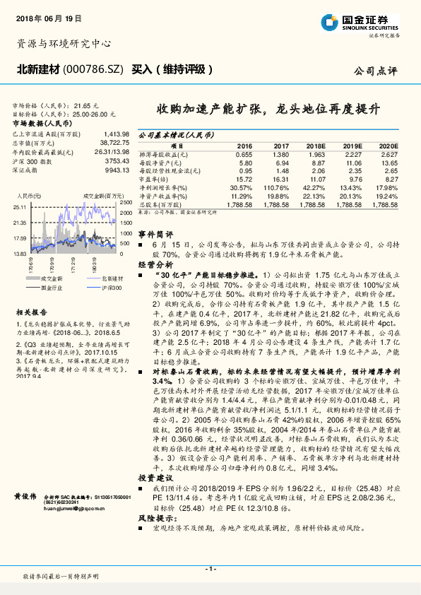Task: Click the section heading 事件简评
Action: coord(155,233)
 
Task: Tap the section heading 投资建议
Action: coord(155,478)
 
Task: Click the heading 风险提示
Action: coord(155,519)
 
